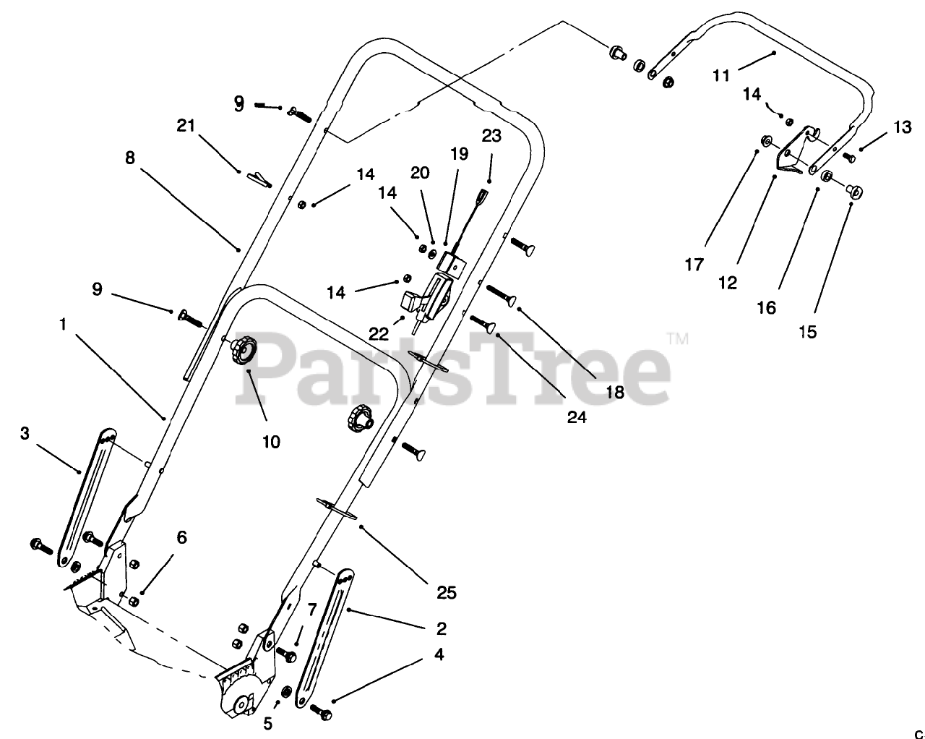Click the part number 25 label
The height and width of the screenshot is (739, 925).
coord(447,592)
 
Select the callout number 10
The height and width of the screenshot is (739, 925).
coord(271,441)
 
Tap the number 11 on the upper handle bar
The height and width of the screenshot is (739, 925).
coord(721,74)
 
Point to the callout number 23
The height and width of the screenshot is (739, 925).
coord(491,137)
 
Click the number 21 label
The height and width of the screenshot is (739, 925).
coord(186,125)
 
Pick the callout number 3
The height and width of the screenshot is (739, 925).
coord(25,433)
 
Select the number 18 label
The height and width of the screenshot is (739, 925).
coord(615,392)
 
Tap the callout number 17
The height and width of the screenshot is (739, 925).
coord(694,265)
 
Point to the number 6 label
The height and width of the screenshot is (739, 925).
coord(181,537)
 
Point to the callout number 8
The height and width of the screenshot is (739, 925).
coord(130,158)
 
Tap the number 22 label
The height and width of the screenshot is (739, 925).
coord(379,333)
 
